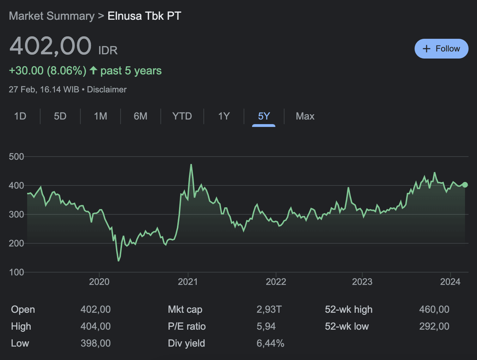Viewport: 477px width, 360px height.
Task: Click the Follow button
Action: (441, 49)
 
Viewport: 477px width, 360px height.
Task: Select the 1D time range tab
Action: (20, 116)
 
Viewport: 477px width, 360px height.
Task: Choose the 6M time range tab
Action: (140, 116)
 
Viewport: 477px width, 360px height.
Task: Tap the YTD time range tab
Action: (182, 116)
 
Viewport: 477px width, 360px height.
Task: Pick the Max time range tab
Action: (305, 116)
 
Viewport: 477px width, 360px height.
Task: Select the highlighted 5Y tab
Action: (264, 116)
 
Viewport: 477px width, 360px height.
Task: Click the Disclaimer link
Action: (106, 90)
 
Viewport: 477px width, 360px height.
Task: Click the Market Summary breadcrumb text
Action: (51, 16)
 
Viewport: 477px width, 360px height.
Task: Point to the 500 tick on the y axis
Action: (16, 157)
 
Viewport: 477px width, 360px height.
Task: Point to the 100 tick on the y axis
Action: (16, 272)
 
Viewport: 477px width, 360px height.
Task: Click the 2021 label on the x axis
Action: (188, 282)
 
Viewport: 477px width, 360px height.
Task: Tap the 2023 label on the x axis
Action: (362, 282)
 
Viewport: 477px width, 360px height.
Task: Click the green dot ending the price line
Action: (465, 185)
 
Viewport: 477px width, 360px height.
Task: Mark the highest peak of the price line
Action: (191, 165)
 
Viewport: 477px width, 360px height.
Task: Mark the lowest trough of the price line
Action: (118, 261)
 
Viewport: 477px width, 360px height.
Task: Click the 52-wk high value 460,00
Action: (434, 310)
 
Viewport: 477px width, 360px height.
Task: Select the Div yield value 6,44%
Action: (270, 343)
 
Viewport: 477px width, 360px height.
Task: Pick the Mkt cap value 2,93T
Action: (269, 310)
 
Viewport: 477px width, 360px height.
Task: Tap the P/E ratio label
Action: (186, 327)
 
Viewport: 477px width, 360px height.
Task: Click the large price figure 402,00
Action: (50, 46)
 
